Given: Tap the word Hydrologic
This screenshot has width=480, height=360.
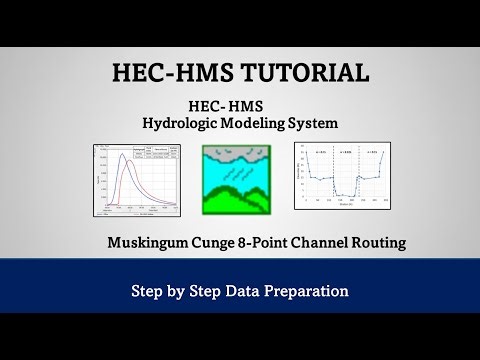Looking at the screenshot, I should click(185, 123).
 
